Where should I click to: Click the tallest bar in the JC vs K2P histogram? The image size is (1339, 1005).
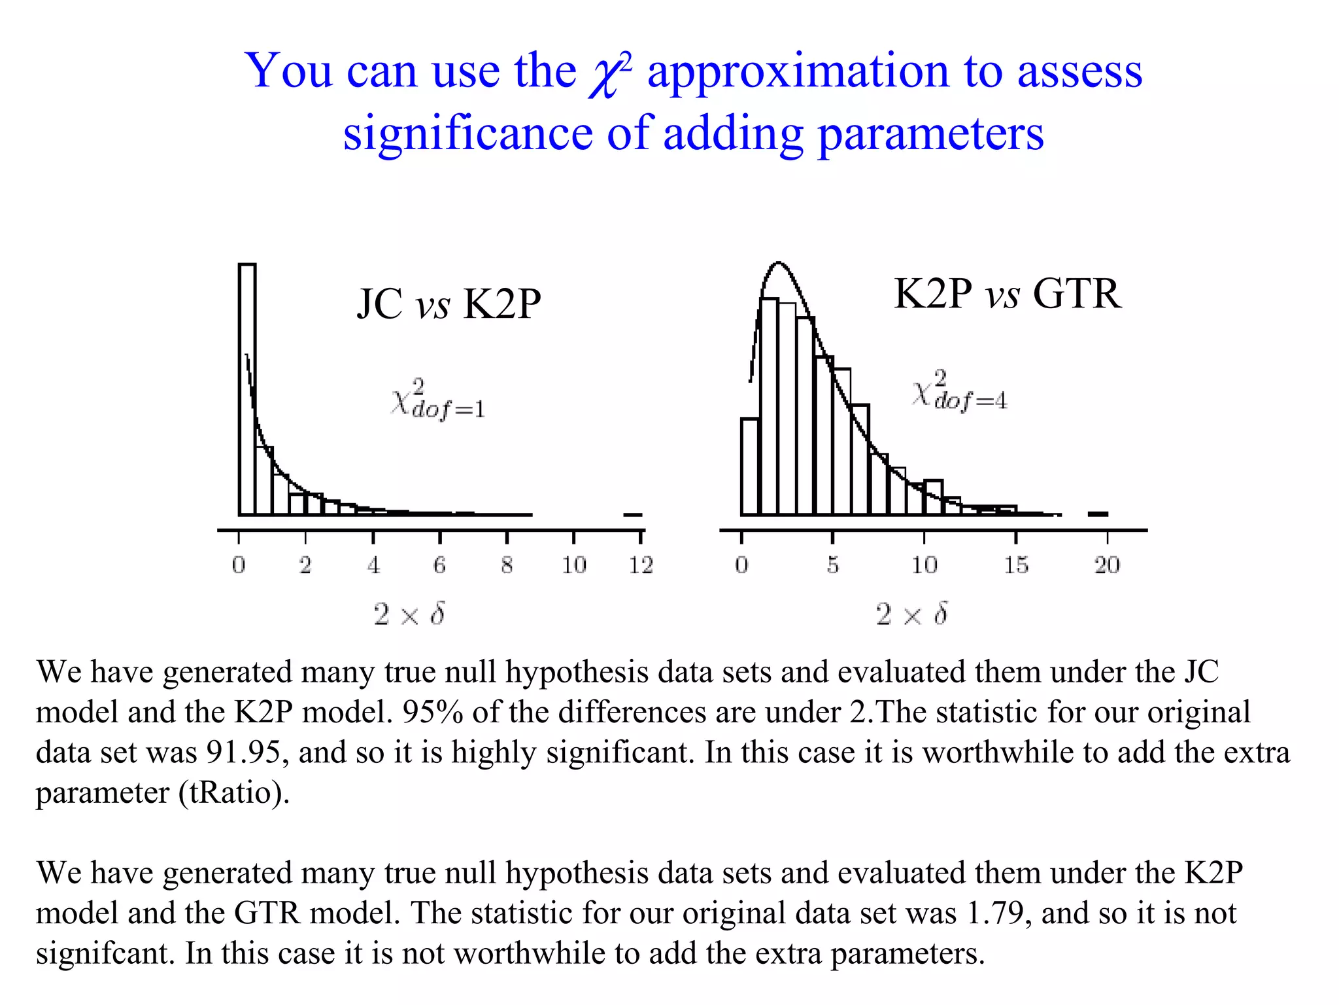point(247,389)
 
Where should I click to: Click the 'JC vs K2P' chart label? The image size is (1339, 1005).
point(449,304)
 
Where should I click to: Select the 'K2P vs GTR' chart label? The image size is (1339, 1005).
point(1007,294)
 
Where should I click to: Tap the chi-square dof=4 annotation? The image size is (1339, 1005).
point(959,390)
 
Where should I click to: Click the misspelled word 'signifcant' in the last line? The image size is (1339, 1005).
point(105,954)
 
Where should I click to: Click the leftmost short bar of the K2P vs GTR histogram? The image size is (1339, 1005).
point(749,467)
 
